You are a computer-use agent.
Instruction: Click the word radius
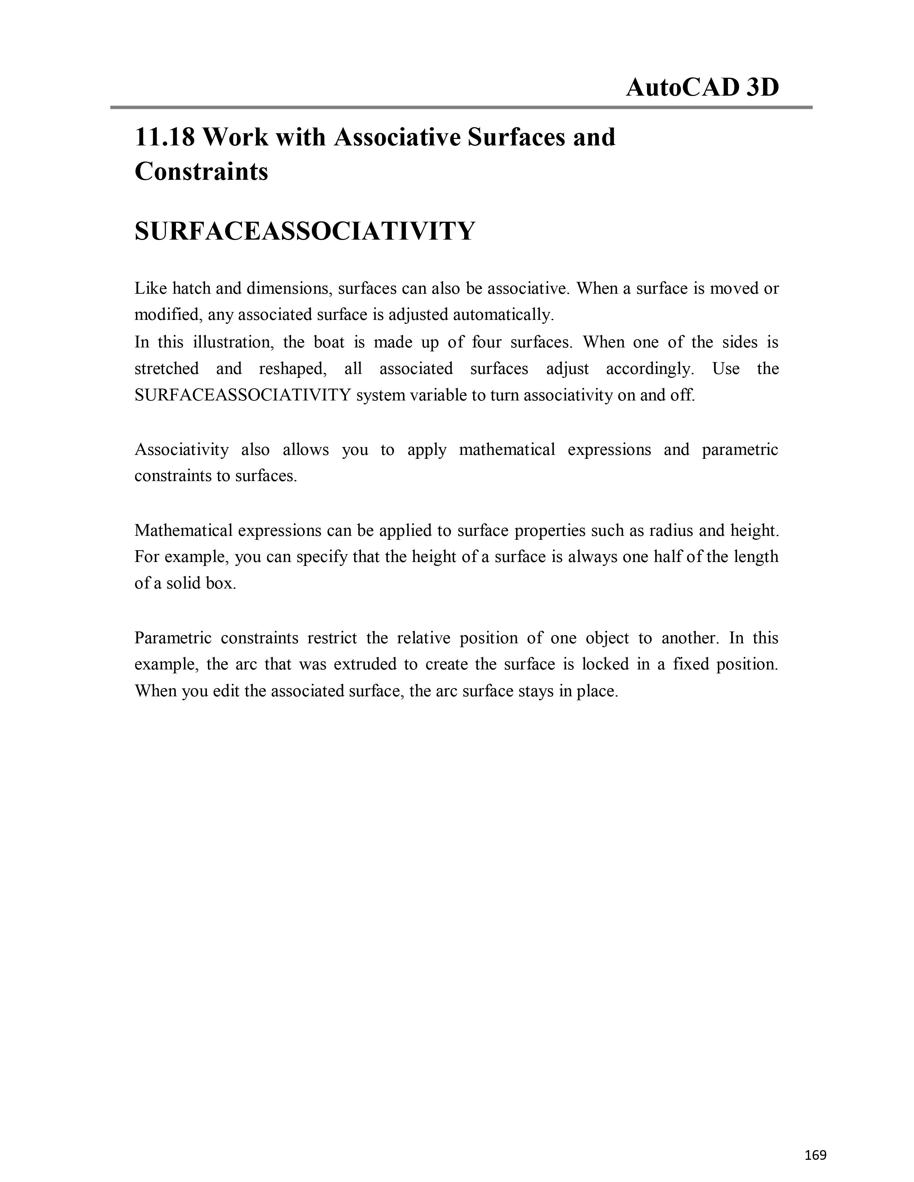(x=668, y=530)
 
